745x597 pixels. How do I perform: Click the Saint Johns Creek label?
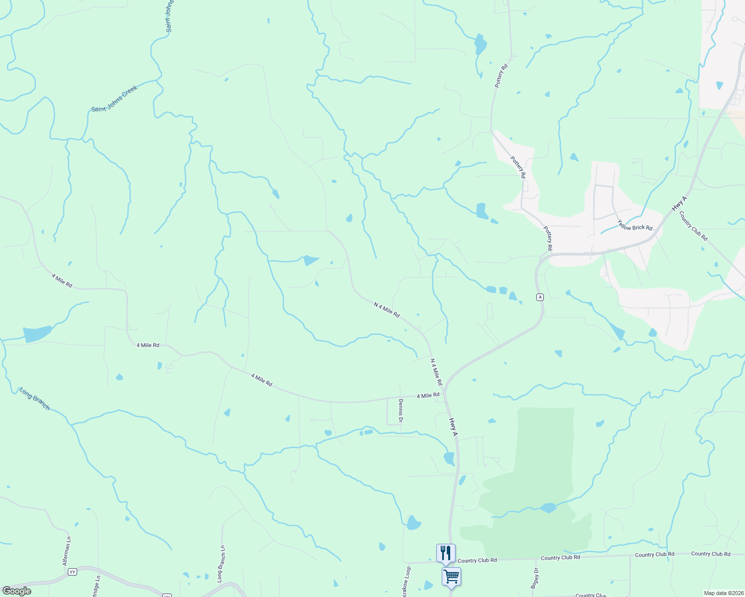click(114, 99)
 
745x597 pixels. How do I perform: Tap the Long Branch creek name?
click(35, 399)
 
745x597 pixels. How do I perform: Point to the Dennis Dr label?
click(400, 411)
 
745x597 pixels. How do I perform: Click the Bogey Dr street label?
click(535, 578)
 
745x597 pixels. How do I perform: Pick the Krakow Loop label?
click(406, 582)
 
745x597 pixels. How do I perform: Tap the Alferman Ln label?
click(67, 551)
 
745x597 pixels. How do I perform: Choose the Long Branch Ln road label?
click(221, 564)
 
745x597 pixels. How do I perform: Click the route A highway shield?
click(540, 297)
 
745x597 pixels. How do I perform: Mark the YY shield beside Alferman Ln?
click(73, 572)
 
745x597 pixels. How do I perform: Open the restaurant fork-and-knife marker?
click(446, 553)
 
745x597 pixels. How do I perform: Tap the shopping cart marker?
click(451, 577)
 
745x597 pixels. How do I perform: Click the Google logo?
click(17, 591)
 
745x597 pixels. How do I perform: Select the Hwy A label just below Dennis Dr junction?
click(453, 427)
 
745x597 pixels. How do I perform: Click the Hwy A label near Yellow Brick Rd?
click(679, 203)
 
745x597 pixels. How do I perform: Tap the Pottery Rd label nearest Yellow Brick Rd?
click(548, 239)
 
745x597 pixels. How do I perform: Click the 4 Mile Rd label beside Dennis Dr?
click(428, 396)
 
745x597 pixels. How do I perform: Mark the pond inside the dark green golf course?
click(548, 508)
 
